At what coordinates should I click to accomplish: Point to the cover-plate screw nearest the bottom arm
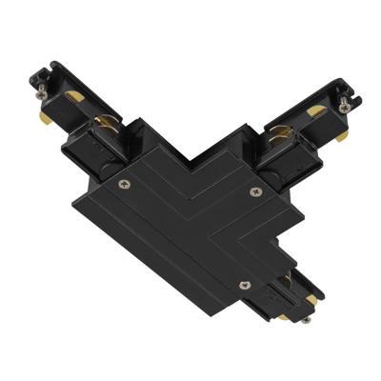[x=245, y=283]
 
